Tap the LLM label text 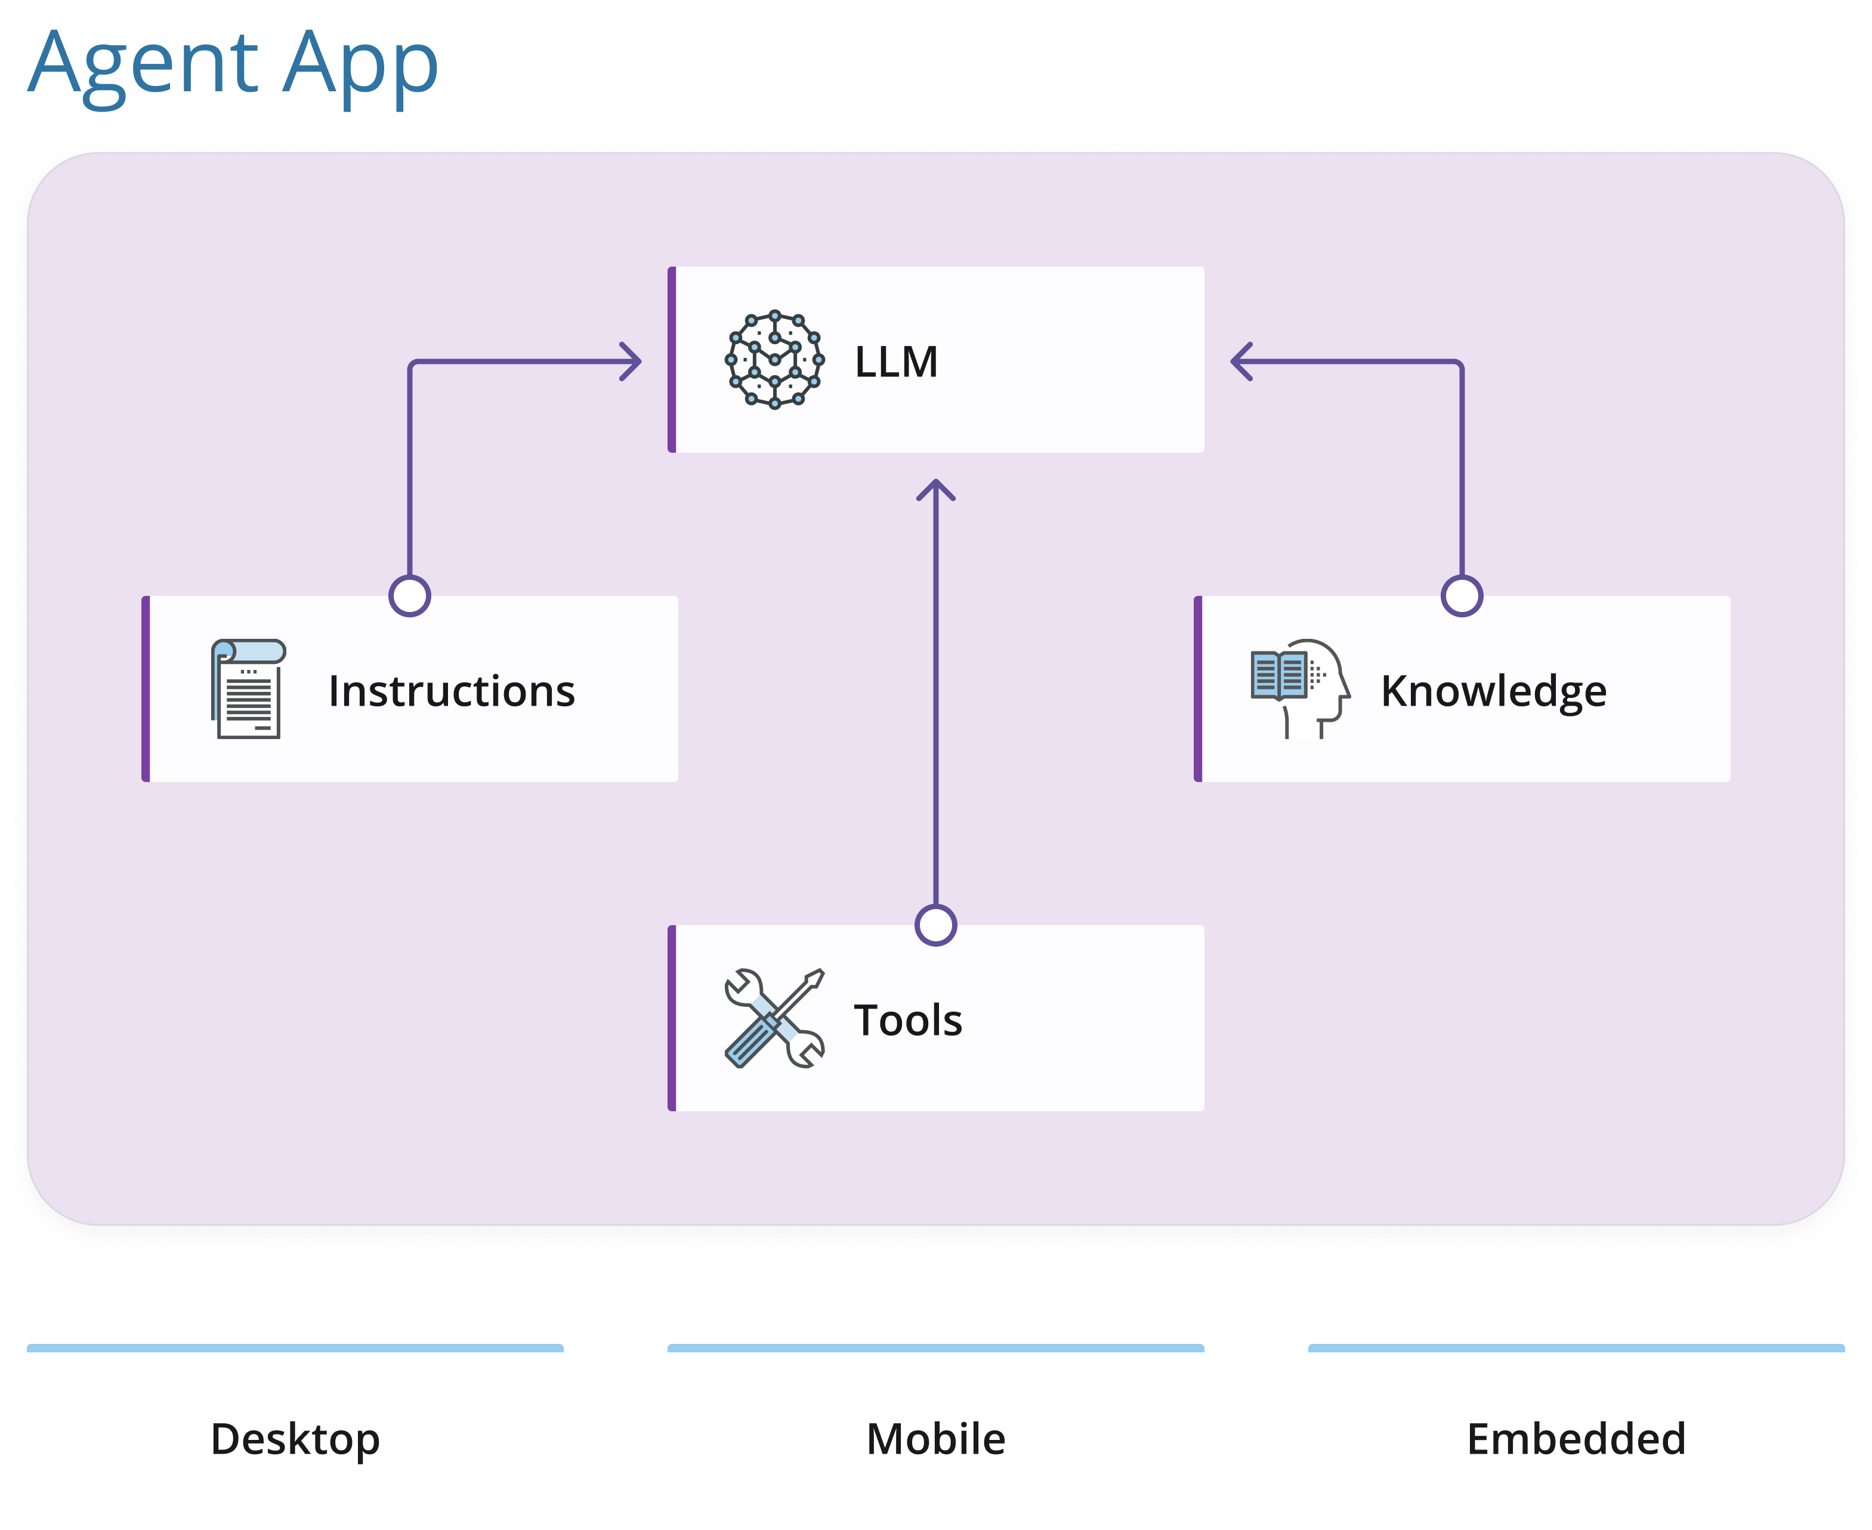tap(897, 362)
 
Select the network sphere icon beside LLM tap(775, 360)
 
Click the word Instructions tap(451, 691)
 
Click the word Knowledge tap(1494, 691)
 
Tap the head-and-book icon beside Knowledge tap(1300, 689)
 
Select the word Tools tap(908, 1021)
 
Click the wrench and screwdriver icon tap(775, 1019)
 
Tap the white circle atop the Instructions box tap(410, 596)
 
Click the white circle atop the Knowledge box tap(1462, 596)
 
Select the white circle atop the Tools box tap(936, 925)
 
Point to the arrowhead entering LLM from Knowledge tap(1240, 361)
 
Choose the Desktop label tap(295, 1439)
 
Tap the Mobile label tap(936, 1439)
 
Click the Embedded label tap(1576, 1439)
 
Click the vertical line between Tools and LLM tap(936, 705)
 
